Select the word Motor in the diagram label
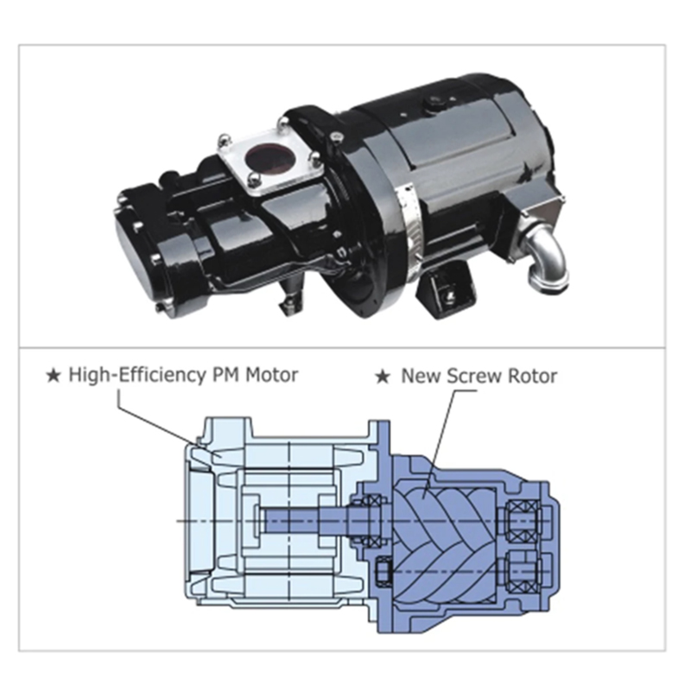[271, 376]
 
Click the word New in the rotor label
[419, 376]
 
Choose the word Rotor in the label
[532, 376]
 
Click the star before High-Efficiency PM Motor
[54, 376]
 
